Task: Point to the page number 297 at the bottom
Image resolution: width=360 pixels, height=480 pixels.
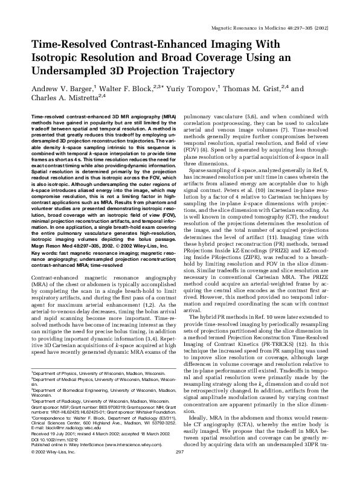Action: pos(179,469)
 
